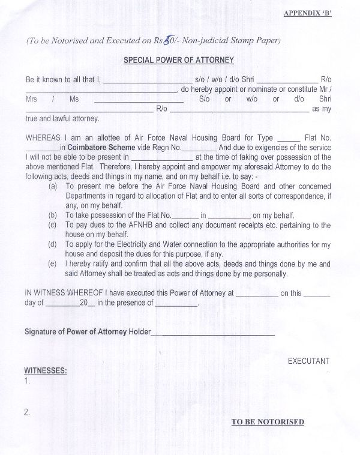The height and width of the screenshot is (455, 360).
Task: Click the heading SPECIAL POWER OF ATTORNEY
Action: (178, 60)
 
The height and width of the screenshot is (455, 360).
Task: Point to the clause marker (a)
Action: (53, 186)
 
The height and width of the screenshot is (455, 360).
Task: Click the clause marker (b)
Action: (53, 214)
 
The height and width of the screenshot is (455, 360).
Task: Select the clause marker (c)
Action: (53, 224)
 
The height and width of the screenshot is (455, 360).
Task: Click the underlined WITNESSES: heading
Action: (45, 370)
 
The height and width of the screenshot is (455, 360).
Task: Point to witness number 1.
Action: (28, 381)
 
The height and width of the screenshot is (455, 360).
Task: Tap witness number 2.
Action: (28, 412)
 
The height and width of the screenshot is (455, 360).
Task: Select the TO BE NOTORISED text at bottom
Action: (268, 422)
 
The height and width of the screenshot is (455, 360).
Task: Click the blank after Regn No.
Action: (198, 148)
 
